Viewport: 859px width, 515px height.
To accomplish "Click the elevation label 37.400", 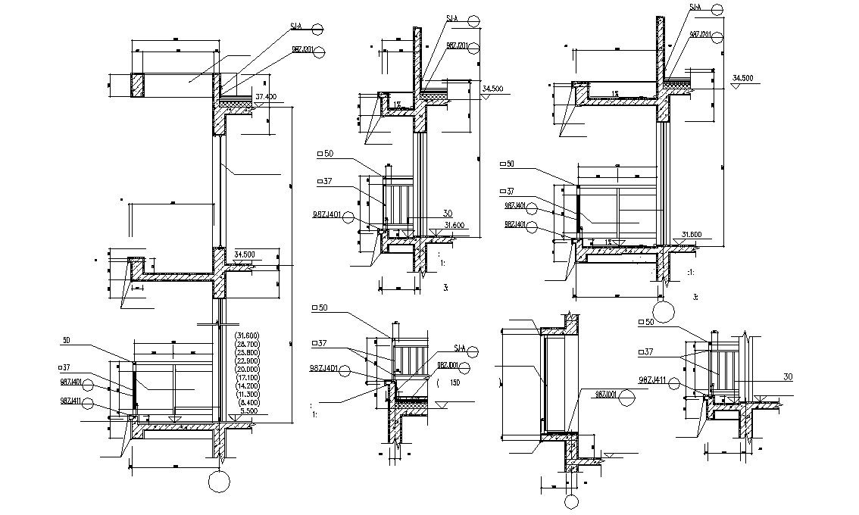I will pyautogui.click(x=266, y=97).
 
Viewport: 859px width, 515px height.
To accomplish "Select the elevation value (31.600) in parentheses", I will pyautogui.click(x=247, y=336).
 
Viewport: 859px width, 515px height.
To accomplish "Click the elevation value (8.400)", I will pyautogui.click(x=247, y=403).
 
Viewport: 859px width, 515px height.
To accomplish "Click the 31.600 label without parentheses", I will pyautogui.click(x=454, y=224).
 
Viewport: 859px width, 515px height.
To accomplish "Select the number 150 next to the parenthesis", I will pyautogui.click(x=454, y=382).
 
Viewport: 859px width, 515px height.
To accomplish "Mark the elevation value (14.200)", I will pyautogui.click(x=247, y=386).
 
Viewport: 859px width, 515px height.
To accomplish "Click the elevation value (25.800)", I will pyautogui.click(x=247, y=352).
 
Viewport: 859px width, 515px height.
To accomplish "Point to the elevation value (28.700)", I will pyautogui.click(x=247, y=344).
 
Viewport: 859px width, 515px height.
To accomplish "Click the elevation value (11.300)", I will pyautogui.click(x=247, y=395).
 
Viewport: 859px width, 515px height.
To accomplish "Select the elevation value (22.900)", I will pyautogui.click(x=247, y=360).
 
